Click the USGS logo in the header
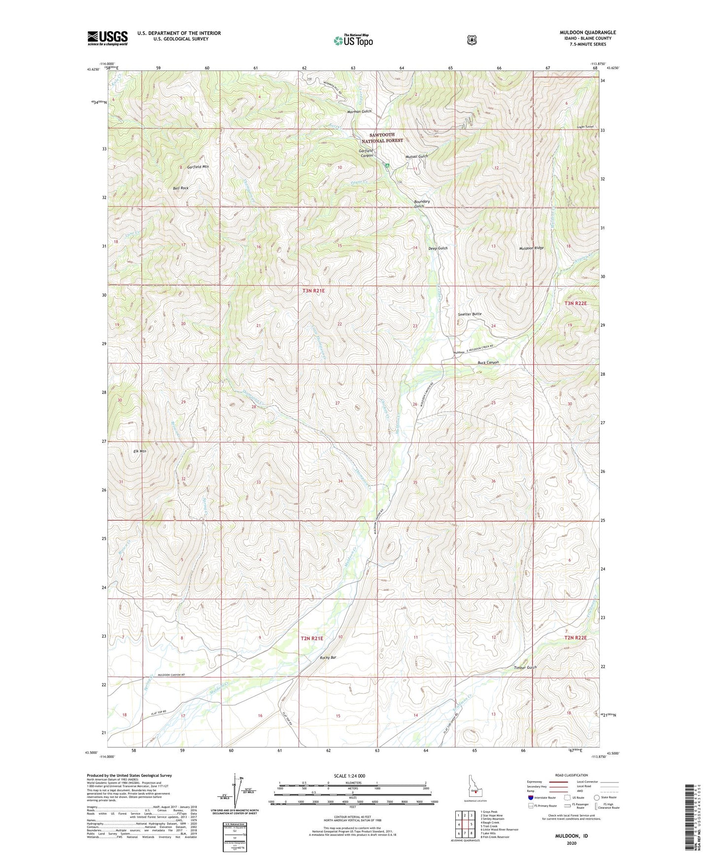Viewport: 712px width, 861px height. [x=107, y=38]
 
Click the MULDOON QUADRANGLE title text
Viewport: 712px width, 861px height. [x=587, y=33]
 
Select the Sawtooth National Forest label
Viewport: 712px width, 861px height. [x=386, y=138]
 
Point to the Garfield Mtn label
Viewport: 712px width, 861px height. [x=198, y=167]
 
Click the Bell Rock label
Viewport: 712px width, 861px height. [x=180, y=188]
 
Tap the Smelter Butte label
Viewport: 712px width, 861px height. [x=469, y=314]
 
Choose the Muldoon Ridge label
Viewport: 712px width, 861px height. [x=531, y=248]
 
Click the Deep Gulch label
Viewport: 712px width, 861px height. [x=438, y=248]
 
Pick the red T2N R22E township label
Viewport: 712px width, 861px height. [x=576, y=638]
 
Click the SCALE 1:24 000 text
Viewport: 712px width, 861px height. [x=349, y=776]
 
